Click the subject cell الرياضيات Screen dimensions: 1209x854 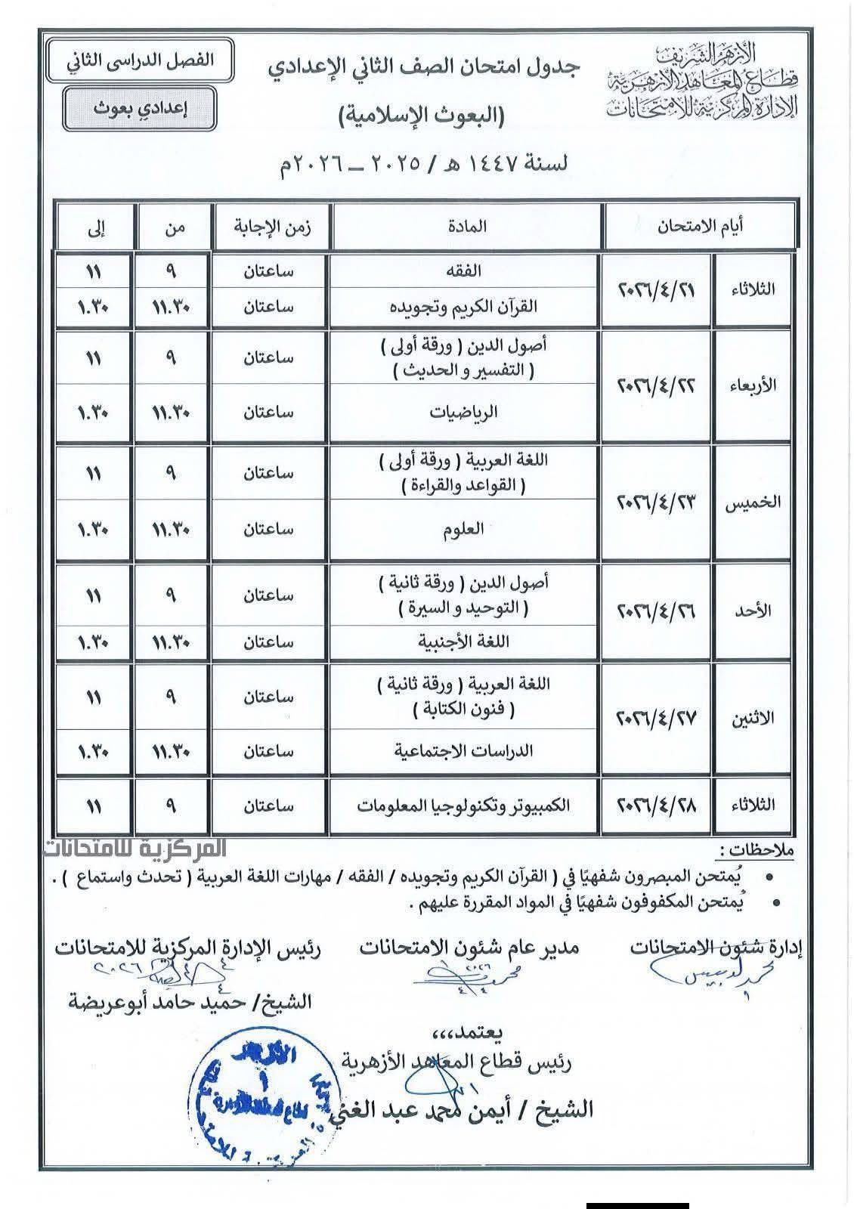(464, 413)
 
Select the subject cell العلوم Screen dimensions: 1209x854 (464, 529)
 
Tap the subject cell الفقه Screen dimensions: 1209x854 (464, 271)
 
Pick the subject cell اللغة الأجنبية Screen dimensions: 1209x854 (464, 642)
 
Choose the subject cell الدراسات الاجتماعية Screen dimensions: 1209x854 (464, 751)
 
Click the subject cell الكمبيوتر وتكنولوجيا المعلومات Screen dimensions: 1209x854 (464, 805)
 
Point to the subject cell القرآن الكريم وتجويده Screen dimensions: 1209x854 (464, 307)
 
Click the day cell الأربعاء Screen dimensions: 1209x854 (753, 385)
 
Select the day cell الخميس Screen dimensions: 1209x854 (753, 502)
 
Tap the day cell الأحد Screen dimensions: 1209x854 (753, 611)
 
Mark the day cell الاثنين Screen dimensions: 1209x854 (753, 719)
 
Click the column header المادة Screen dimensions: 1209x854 (469, 226)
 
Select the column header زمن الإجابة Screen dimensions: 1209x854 (272, 226)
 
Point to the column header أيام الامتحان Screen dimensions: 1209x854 (699, 226)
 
